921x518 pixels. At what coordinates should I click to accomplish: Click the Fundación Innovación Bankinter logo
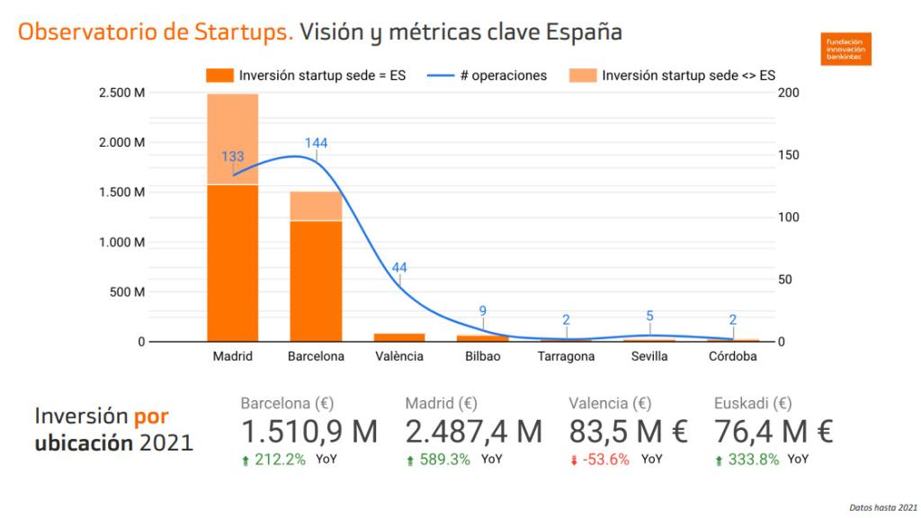845,49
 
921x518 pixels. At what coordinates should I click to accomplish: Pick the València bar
399,337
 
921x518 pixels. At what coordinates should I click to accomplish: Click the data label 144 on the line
316,143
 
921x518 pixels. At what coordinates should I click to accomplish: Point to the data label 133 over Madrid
233,156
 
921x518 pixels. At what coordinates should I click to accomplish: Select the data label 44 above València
399,267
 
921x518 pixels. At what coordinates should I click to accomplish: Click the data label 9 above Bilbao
483,311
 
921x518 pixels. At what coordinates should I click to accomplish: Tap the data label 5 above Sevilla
649,316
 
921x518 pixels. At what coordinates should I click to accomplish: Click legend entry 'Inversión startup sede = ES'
306,76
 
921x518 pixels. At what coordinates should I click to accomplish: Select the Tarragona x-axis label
566,356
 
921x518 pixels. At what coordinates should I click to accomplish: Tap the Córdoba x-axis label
732,356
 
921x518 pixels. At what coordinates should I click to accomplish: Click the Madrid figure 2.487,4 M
474,432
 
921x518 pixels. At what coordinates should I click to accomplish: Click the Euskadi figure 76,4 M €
773,432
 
